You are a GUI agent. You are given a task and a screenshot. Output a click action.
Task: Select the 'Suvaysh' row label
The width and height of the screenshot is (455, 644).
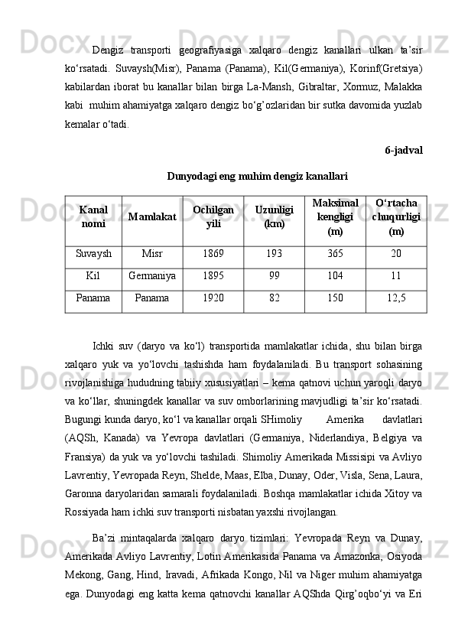click(93, 254)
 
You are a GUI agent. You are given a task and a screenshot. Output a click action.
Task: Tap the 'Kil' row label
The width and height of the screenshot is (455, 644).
click(93, 276)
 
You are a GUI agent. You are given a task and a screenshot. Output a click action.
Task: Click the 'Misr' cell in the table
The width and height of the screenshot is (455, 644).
click(152, 254)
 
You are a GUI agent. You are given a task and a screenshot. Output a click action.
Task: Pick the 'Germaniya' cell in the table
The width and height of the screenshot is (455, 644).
click(152, 276)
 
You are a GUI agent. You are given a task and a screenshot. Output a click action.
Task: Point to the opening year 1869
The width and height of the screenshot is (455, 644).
click(213, 254)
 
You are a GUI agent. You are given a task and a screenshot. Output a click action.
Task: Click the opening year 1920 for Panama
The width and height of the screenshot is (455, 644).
click(213, 298)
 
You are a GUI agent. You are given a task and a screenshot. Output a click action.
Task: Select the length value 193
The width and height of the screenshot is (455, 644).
click(274, 254)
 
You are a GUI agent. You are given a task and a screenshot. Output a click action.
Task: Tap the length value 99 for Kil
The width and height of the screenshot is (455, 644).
click(274, 276)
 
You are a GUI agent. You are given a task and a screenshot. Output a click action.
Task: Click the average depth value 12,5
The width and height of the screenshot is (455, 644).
click(396, 298)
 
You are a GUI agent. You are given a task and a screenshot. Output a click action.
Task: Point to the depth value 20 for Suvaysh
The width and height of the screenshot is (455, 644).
click(396, 254)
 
